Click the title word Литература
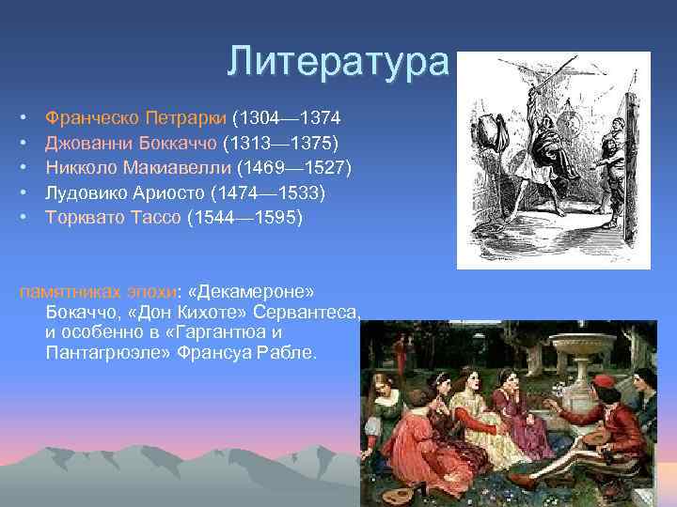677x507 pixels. click(x=338, y=62)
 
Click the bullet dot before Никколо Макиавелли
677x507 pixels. click(x=22, y=168)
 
